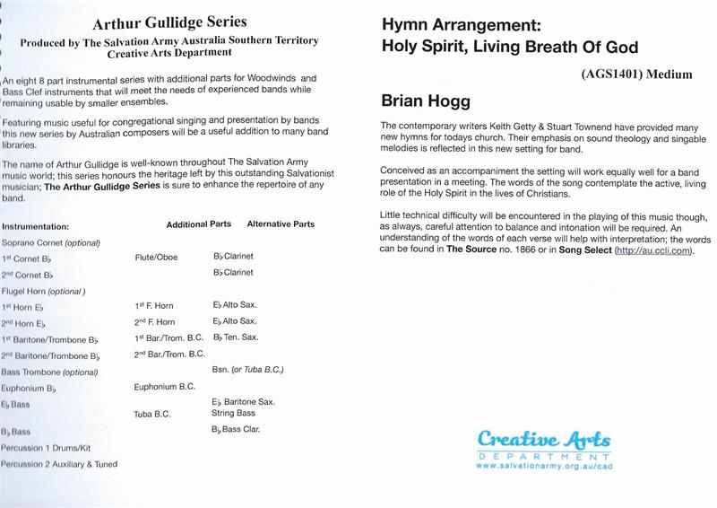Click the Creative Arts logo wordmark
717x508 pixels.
[544, 441]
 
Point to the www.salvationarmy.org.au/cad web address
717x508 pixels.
[545, 467]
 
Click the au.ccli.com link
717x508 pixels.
[658, 250]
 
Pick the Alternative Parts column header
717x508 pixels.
[281, 224]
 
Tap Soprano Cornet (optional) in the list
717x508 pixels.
[51, 243]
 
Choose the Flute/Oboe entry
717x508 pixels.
[156, 258]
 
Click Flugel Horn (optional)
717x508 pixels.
[44, 291]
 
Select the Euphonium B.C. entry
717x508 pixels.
[165, 387]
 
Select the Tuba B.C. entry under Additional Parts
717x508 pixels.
[153, 414]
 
